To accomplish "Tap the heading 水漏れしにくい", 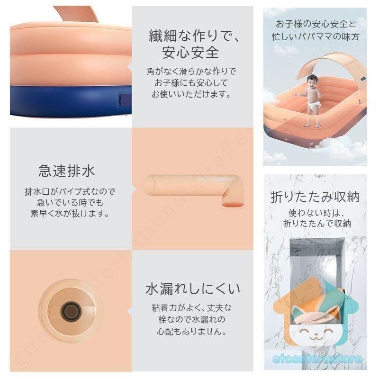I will coord(193,289).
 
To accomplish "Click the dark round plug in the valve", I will coord(71,312).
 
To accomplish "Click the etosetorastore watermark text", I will coord(321,359).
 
